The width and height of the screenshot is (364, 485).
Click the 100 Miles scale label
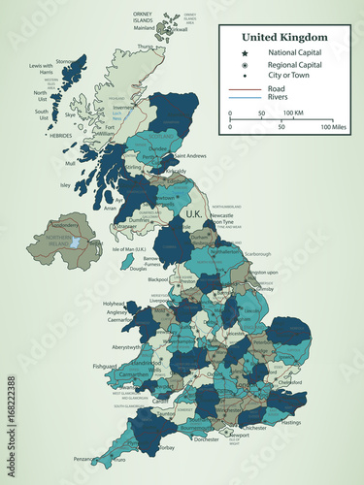tap(334, 127)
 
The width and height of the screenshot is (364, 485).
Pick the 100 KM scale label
tap(294, 113)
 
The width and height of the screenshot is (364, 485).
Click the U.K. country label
tap(192, 213)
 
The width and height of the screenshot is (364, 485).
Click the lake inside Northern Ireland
tap(76, 242)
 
